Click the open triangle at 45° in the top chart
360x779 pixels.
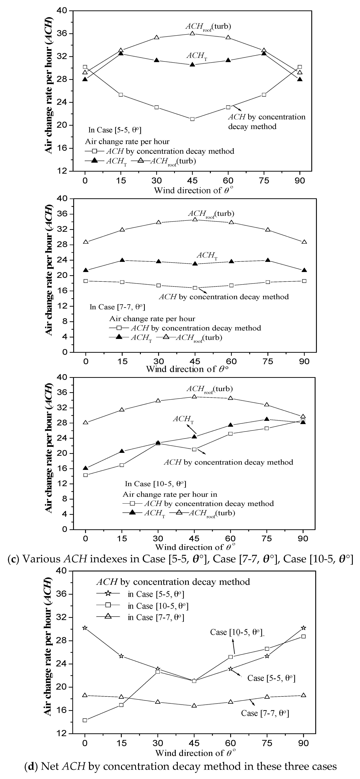(192, 33)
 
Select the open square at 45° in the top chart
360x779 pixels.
(192, 119)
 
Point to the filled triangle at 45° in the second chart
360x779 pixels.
(195, 264)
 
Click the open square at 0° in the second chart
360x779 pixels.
(86, 281)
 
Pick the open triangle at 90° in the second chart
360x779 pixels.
(304, 242)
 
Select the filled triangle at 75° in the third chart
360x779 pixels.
(267, 419)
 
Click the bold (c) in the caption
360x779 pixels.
(13, 559)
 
